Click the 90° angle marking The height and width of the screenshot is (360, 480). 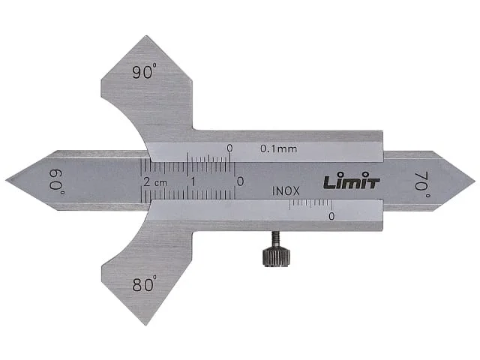pos(145,71)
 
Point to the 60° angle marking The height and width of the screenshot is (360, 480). pos(57,181)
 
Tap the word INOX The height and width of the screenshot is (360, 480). pos(286,191)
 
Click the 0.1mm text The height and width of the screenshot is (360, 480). pos(278,148)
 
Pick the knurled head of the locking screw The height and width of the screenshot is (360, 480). pos(276,257)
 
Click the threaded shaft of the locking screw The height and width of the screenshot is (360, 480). pos(275,239)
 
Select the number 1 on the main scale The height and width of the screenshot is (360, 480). pos(193,182)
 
